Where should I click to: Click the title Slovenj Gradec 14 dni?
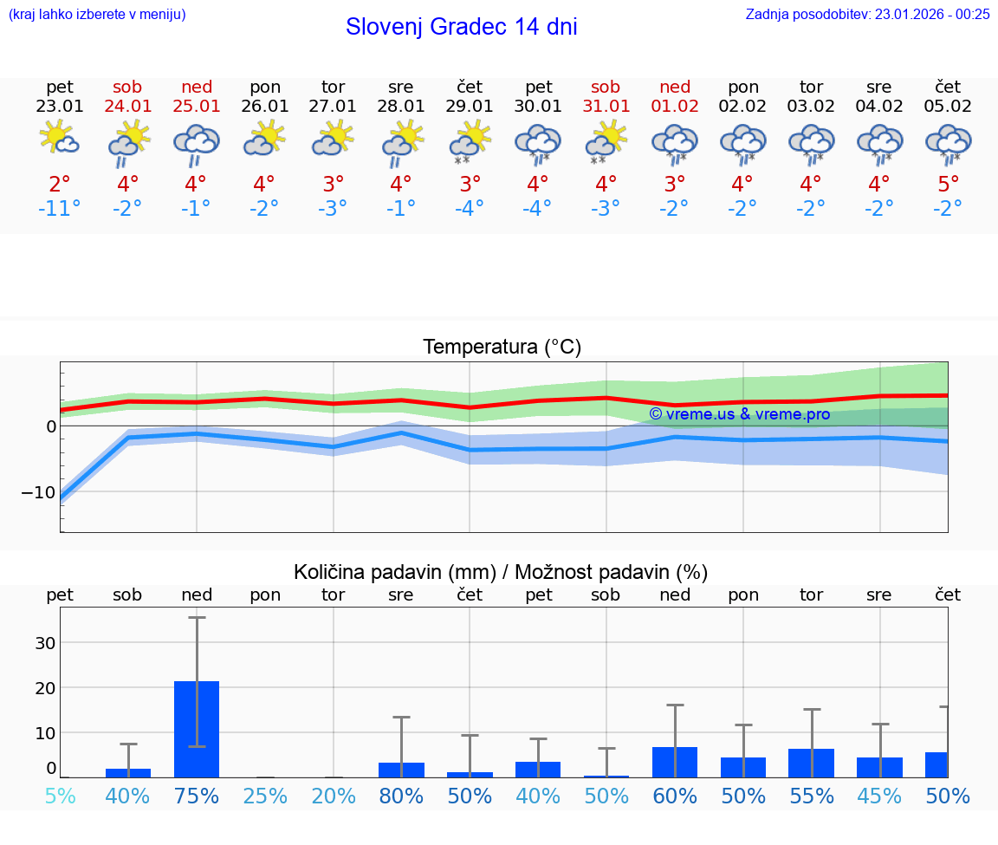(x=461, y=27)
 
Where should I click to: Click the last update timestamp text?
(x=867, y=14)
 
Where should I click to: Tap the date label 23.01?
(x=60, y=107)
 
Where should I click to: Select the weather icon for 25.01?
(x=196, y=144)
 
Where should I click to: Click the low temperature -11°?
(x=60, y=209)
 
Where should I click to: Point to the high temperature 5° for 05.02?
(x=948, y=185)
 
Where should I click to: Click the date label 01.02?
(x=675, y=107)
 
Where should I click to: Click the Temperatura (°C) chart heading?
(x=502, y=348)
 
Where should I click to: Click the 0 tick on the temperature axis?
(x=51, y=426)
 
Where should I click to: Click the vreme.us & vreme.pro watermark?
(x=739, y=414)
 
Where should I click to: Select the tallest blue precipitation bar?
(x=197, y=729)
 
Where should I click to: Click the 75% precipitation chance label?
(x=197, y=796)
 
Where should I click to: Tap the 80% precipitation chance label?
(x=401, y=796)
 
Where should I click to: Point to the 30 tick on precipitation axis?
(x=45, y=643)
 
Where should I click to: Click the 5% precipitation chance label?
(x=60, y=796)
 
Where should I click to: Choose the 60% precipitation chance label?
(x=675, y=796)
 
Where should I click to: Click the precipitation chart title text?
(x=501, y=572)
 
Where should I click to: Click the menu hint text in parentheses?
(x=96, y=14)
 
